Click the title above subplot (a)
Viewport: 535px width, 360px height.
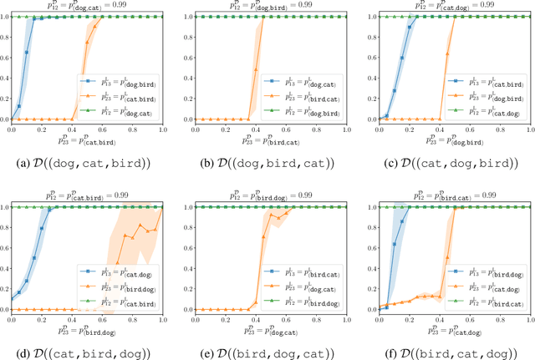coord(86,6)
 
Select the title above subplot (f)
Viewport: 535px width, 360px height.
coord(447,195)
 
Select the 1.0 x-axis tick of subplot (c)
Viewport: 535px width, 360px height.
coord(523,130)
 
